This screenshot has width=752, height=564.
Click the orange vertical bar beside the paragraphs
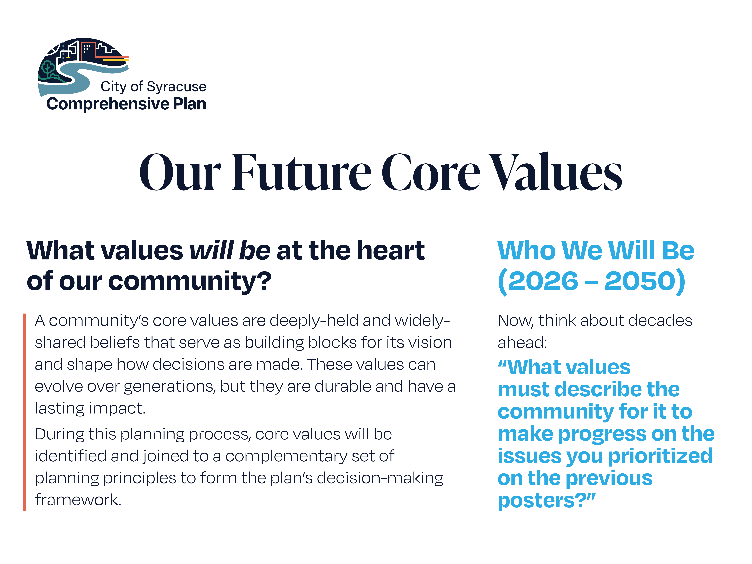point(25,412)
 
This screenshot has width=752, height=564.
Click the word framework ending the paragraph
point(78,500)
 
